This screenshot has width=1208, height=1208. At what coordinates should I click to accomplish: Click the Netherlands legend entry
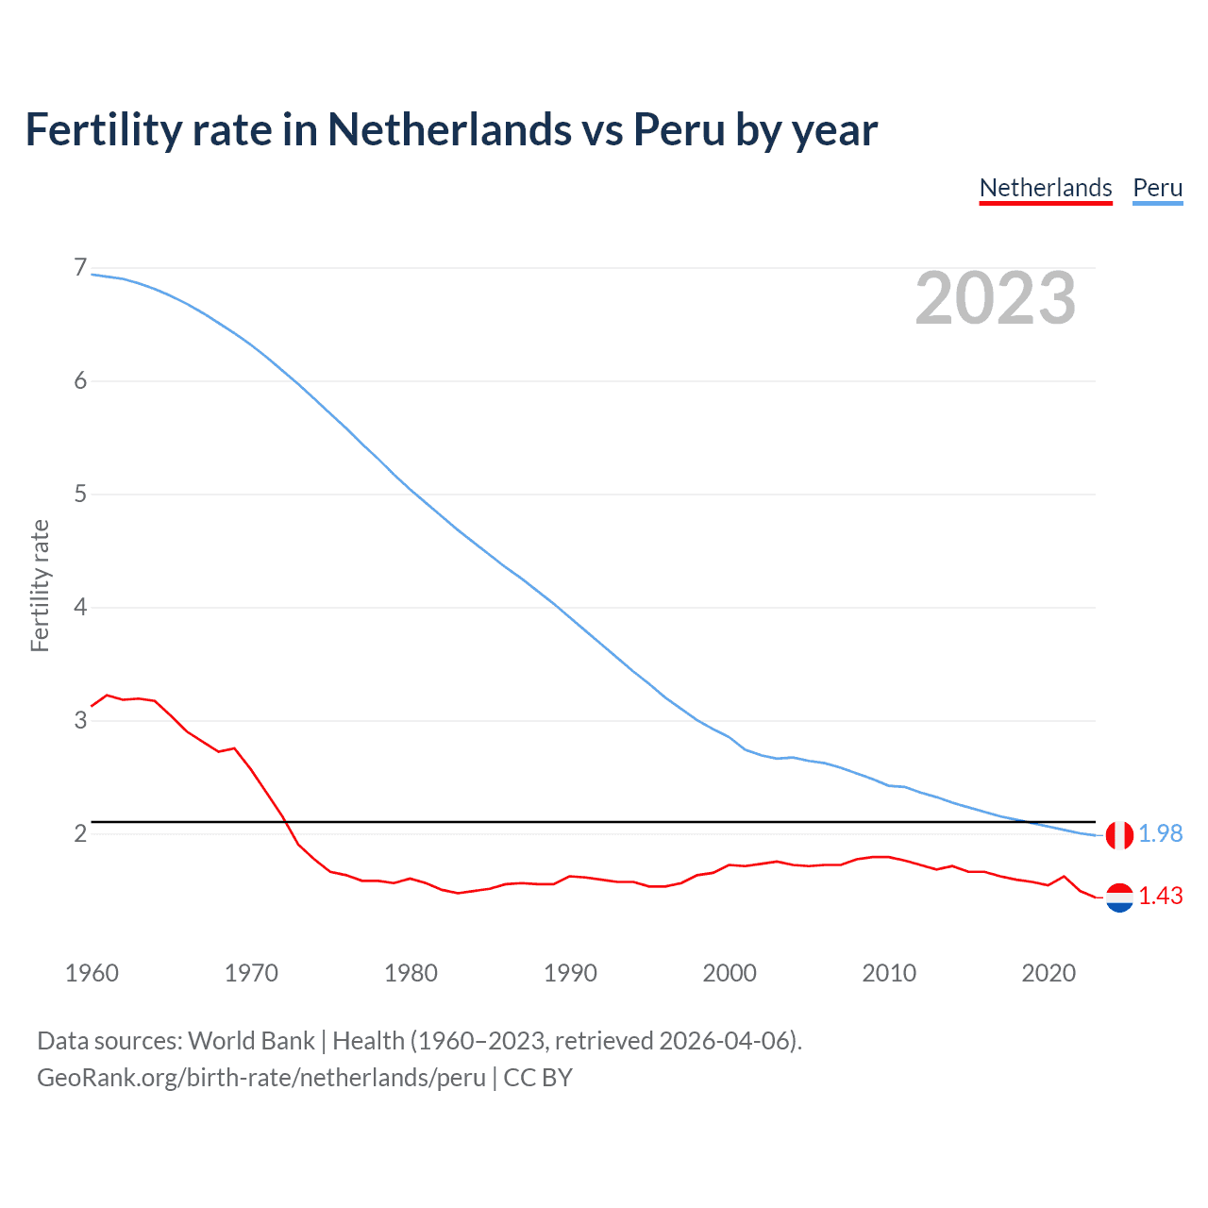pyautogui.click(x=1046, y=188)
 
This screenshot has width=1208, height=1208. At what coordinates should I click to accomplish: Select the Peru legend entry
pyautogui.click(x=1157, y=188)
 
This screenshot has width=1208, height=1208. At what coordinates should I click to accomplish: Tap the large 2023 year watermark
pyautogui.click(x=995, y=298)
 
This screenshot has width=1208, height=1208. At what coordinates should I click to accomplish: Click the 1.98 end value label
pyautogui.click(x=1160, y=833)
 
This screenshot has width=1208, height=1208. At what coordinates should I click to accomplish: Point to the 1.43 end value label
pyautogui.click(x=1160, y=896)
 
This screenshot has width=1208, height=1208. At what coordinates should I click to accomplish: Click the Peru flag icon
pyautogui.click(x=1119, y=835)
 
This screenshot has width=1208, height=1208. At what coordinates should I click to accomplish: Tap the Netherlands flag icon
pyautogui.click(x=1119, y=897)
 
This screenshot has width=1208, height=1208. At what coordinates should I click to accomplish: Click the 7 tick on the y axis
pyautogui.click(x=80, y=268)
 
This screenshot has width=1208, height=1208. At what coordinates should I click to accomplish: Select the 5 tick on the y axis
pyautogui.click(x=80, y=494)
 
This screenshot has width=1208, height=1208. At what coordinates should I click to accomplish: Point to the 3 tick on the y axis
pyautogui.click(x=80, y=720)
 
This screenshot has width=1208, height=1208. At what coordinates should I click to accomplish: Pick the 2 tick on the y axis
pyautogui.click(x=80, y=833)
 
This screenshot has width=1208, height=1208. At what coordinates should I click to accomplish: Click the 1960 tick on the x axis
pyautogui.click(x=92, y=973)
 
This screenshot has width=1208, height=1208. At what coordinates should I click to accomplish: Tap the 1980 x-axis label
pyautogui.click(x=411, y=973)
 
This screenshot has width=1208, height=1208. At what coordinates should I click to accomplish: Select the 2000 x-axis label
pyautogui.click(x=730, y=973)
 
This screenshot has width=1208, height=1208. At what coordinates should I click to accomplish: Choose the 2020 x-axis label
pyautogui.click(x=1049, y=973)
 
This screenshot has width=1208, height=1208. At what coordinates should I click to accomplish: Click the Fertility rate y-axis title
pyautogui.click(x=40, y=585)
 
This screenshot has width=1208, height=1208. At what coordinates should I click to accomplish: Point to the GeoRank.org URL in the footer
pyautogui.click(x=261, y=1078)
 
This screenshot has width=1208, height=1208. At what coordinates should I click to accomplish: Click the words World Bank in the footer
pyautogui.click(x=251, y=1041)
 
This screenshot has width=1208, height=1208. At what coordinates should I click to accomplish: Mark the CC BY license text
pyautogui.click(x=538, y=1078)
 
